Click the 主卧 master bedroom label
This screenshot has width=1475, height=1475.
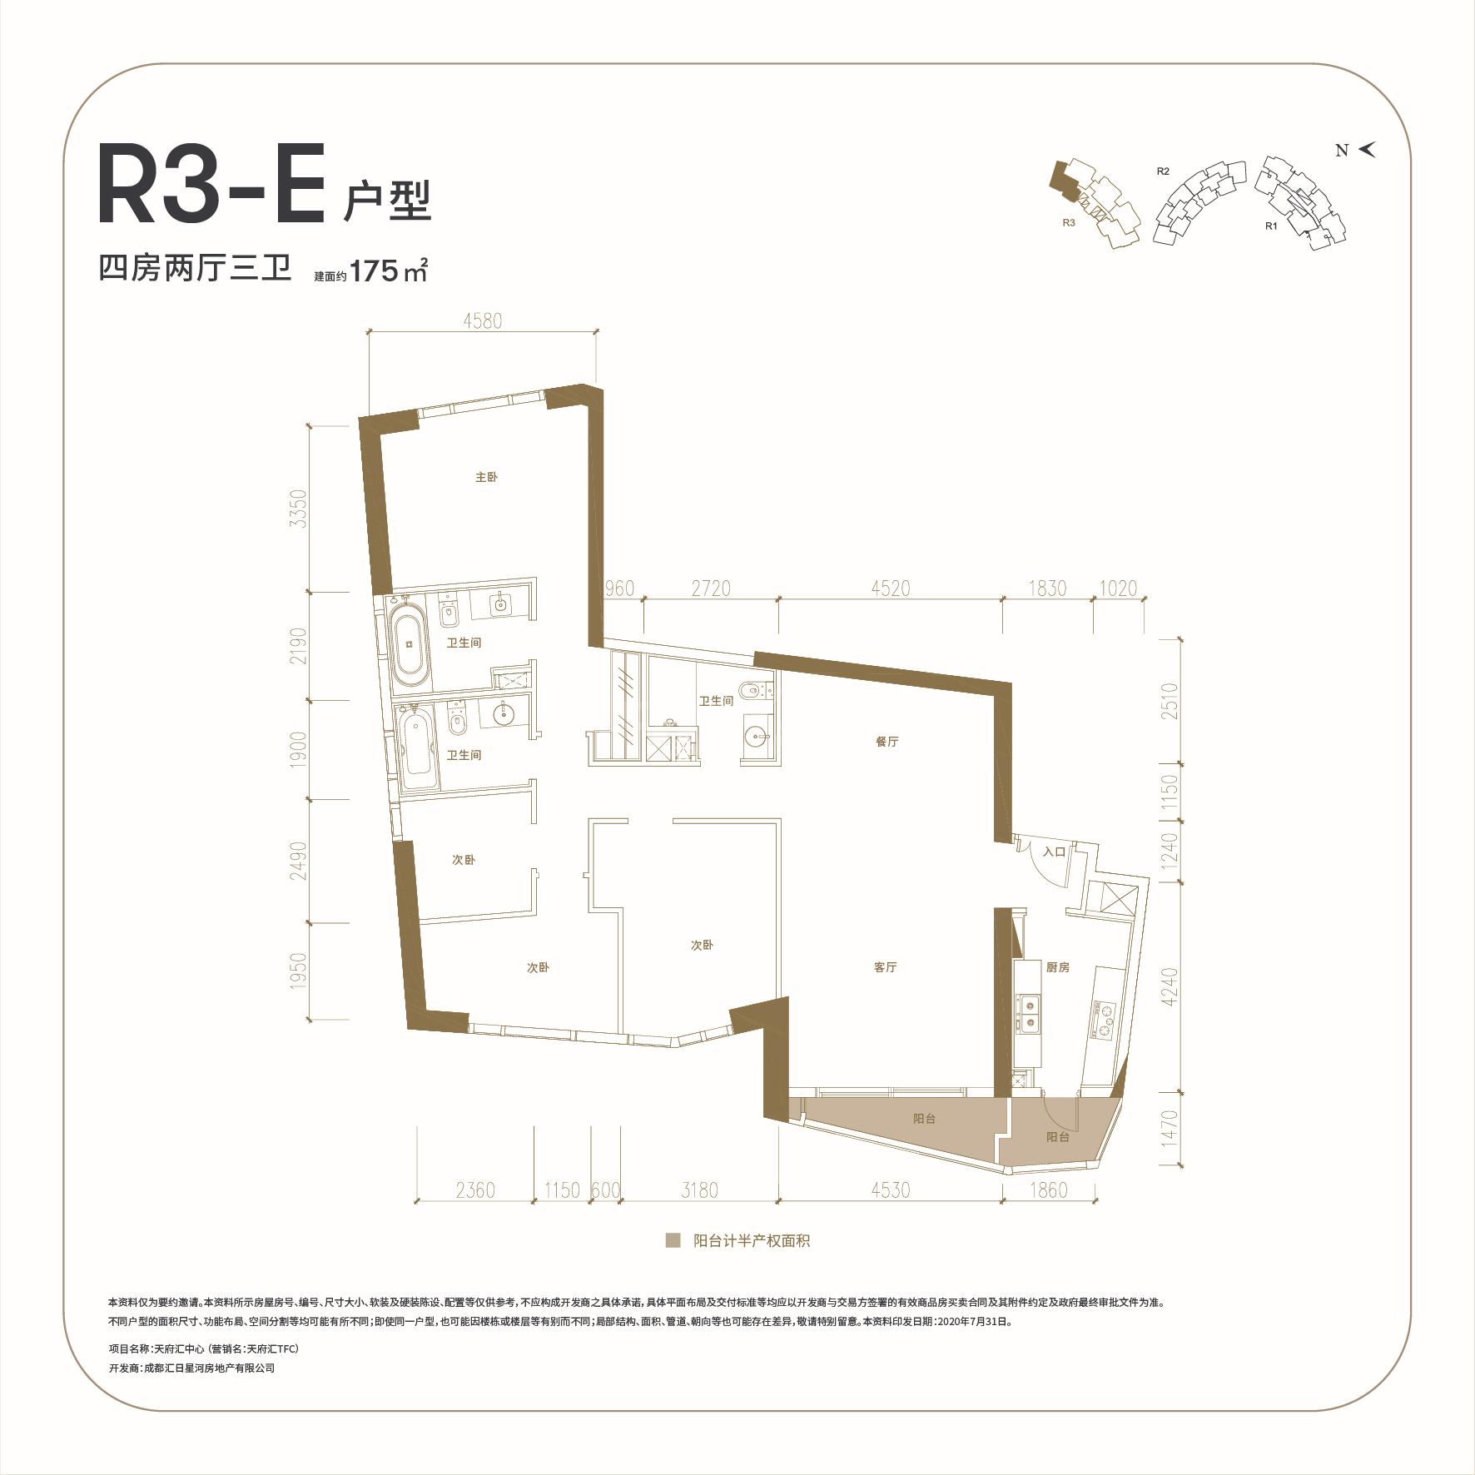(x=486, y=478)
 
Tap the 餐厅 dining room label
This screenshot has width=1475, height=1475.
(x=887, y=742)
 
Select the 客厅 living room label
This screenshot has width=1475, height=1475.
(x=885, y=967)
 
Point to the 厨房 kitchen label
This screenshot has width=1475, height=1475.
(x=1057, y=967)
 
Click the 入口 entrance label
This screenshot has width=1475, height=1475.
(x=1054, y=852)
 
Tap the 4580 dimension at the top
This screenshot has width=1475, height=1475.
(x=482, y=320)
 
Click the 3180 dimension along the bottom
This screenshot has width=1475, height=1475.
(x=699, y=1190)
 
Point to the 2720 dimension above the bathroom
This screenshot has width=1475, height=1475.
(x=711, y=589)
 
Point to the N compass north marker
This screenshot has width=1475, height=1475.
(x=1341, y=151)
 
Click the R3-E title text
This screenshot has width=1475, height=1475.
(x=211, y=186)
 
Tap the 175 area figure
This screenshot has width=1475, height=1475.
(x=374, y=271)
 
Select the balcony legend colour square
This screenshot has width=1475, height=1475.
(x=673, y=1241)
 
